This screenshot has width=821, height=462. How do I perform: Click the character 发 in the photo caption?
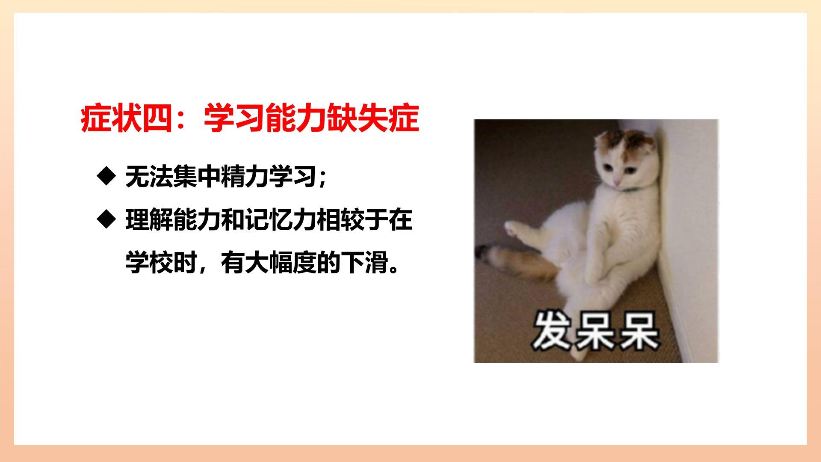pos(551,331)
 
